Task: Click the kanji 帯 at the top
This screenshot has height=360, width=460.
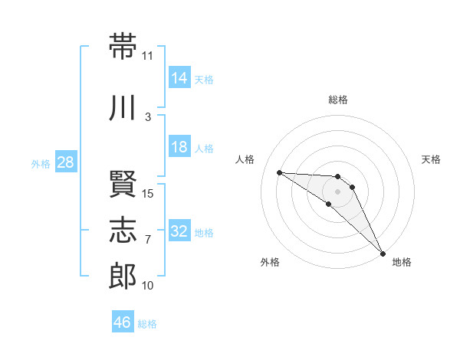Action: point(123,46)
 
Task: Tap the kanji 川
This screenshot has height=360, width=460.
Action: point(122,107)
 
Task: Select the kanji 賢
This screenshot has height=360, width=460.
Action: point(123,184)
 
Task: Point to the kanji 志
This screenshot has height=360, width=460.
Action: point(123,230)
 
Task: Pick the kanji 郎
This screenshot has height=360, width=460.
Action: point(123,276)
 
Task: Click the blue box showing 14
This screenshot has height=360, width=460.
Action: point(179,77)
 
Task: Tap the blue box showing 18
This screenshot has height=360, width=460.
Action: point(179,146)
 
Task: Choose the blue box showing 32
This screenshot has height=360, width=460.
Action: point(179,230)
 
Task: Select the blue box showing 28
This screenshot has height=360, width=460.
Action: point(66,162)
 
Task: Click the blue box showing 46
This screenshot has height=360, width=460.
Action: point(123,321)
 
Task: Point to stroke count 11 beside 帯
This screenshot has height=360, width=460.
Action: point(147,56)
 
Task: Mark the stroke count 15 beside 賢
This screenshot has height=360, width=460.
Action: point(147,194)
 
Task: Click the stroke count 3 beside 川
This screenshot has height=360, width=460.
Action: point(148,117)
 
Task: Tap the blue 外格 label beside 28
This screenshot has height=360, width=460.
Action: point(41,164)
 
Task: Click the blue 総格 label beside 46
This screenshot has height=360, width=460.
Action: point(147,324)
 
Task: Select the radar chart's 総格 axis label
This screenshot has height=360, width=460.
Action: point(338,100)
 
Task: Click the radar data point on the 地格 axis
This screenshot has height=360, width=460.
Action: point(383,254)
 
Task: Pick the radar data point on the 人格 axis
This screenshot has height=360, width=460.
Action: point(280,172)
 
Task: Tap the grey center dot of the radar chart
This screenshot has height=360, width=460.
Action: point(337,191)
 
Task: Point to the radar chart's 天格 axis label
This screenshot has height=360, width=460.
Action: point(431,159)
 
